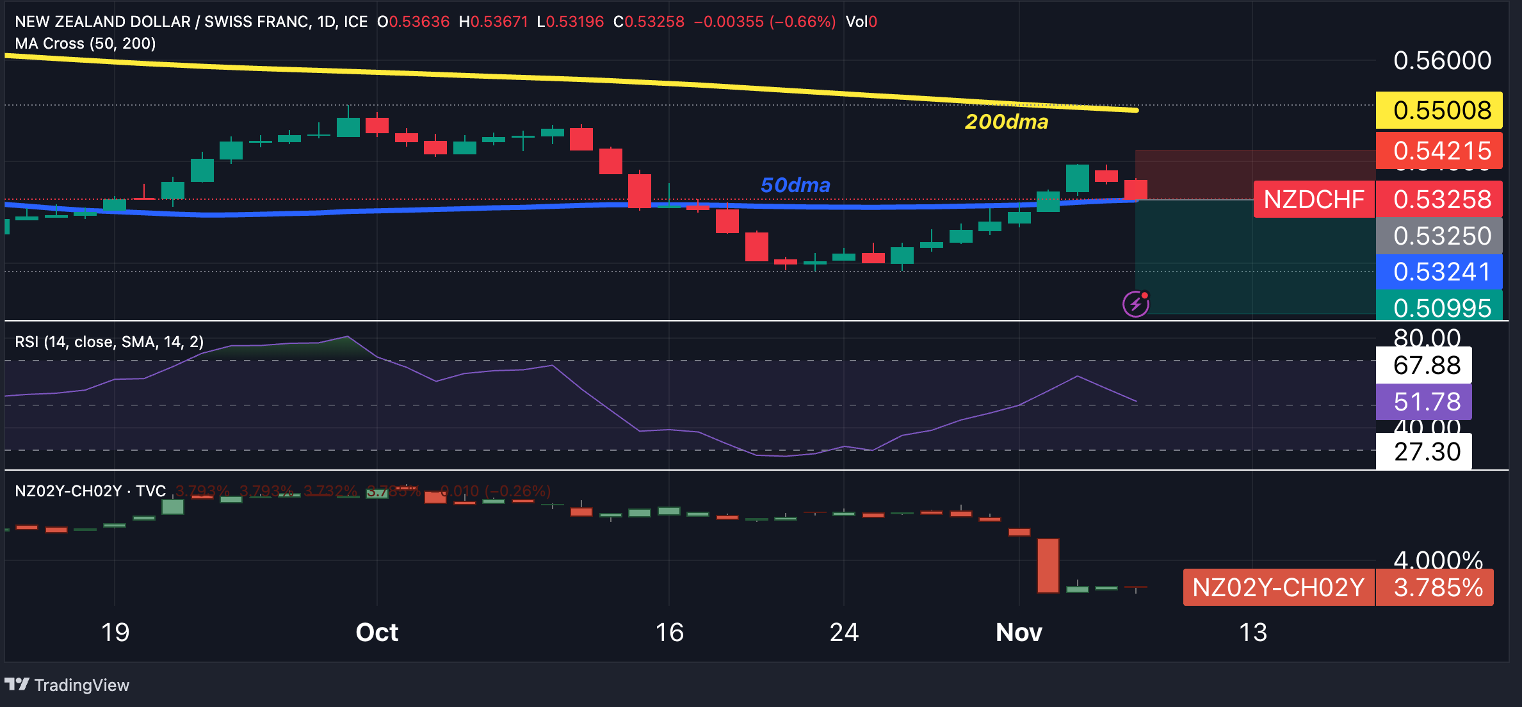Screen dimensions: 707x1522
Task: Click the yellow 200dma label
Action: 1006,122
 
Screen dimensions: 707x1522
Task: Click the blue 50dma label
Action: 795,185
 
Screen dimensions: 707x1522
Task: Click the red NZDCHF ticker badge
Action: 1314,200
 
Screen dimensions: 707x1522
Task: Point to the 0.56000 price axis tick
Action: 1442,61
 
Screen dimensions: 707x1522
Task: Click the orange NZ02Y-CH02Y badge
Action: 1278,587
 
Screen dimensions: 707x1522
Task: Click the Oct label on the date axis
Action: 376,633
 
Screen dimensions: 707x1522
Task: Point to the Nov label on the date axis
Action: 1019,633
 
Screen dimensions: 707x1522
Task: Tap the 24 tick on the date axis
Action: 844,633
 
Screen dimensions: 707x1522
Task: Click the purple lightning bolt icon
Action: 1136,304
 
